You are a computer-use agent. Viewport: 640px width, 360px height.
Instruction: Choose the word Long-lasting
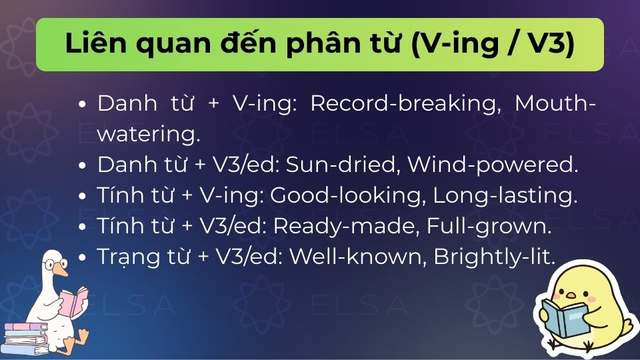505,195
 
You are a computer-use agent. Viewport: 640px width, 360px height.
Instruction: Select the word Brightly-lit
494,257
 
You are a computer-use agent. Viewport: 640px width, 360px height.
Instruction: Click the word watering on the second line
148,135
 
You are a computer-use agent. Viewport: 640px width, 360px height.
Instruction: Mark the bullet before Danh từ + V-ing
83,105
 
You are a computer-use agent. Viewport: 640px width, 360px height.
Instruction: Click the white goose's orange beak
62,270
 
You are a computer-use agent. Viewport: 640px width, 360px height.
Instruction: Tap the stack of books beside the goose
25,337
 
